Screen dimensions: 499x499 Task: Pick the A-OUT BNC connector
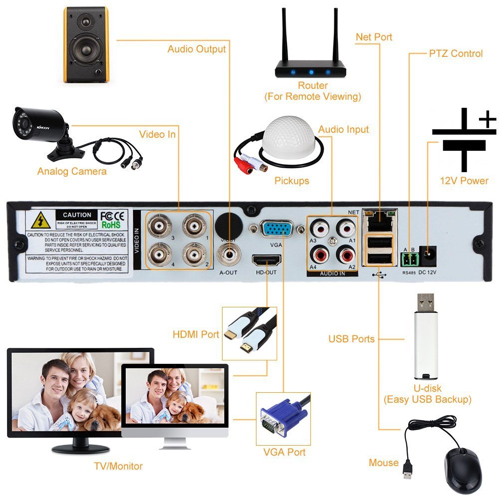(x=230, y=255)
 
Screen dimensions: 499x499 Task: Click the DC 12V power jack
(x=428, y=255)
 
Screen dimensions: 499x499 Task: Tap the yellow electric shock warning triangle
(x=39, y=220)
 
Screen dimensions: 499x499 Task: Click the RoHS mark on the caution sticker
(x=111, y=225)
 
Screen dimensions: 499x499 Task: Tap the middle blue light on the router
(x=310, y=71)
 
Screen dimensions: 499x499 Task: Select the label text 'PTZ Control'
(x=456, y=53)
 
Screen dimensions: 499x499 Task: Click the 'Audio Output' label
(x=197, y=49)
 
